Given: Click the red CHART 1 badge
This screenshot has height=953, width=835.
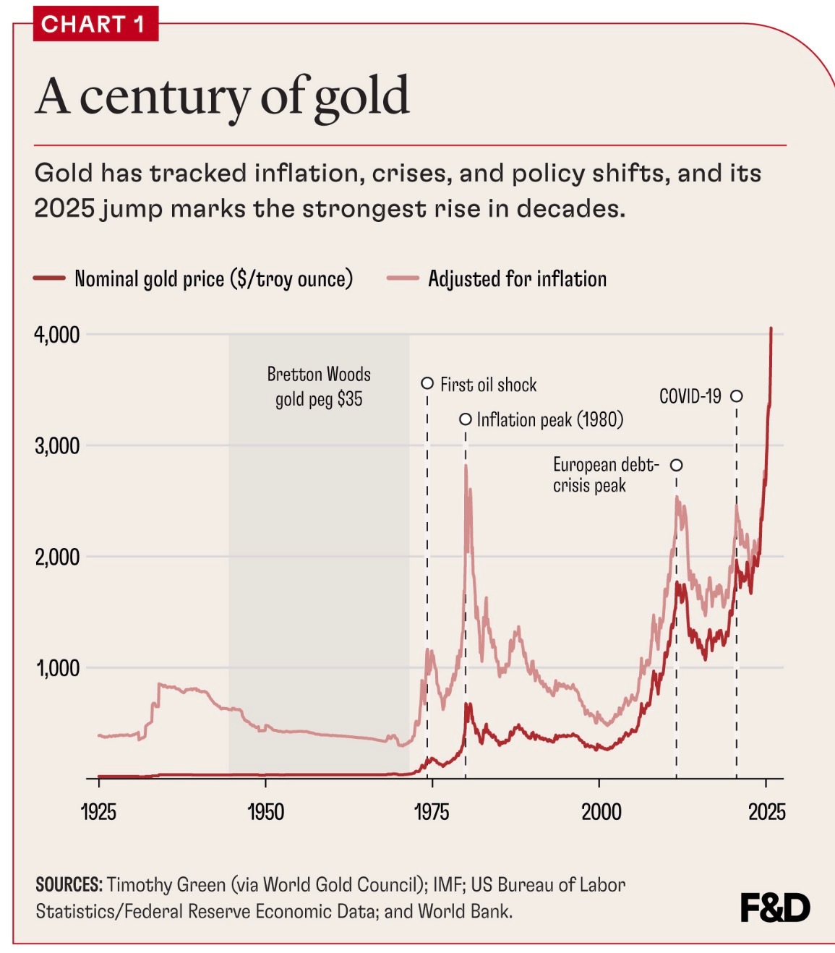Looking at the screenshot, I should pyautogui.click(x=95, y=24).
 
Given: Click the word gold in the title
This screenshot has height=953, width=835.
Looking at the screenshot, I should pyautogui.click(x=361, y=98).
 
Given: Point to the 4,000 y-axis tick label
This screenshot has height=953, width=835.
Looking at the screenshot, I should pyautogui.click(x=57, y=335).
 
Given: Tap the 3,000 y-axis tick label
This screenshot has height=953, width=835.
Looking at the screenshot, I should pyautogui.click(x=57, y=445).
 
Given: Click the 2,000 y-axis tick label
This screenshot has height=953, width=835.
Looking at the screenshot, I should pyautogui.click(x=57, y=557).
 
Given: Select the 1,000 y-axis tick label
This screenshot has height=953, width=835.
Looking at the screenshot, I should pyautogui.click(x=58, y=668).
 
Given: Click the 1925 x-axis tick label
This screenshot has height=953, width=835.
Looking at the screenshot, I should pyautogui.click(x=98, y=811).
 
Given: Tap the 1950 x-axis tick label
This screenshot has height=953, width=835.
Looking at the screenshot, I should pyautogui.click(x=265, y=811).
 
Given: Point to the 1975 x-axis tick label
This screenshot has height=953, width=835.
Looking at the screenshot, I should pyautogui.click(x=432, y=811).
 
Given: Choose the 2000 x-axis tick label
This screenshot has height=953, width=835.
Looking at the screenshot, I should pyautogui.click(x=601, y=811).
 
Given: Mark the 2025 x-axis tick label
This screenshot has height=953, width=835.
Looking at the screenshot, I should pyautogui.click(x=766, y=811).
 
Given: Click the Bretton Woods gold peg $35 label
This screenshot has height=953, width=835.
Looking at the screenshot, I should pyautogui.click(x=319, y=387).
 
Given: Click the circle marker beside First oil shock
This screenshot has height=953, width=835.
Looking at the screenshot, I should pyautogui.click(x=427, y=383).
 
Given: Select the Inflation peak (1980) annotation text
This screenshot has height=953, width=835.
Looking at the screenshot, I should pyautogui.click(x=549, y=419).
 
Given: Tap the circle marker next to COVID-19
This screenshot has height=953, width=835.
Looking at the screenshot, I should pyautogui.click(x=736, y=396).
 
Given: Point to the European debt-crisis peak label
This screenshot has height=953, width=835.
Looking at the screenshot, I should pyautogui.click(x=605, y=474).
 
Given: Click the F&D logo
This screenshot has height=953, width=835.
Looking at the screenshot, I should pyautogui.click(x=775, y=907).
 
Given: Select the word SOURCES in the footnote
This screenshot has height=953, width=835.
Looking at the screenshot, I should pyautogui.click(x=69, y=885).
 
